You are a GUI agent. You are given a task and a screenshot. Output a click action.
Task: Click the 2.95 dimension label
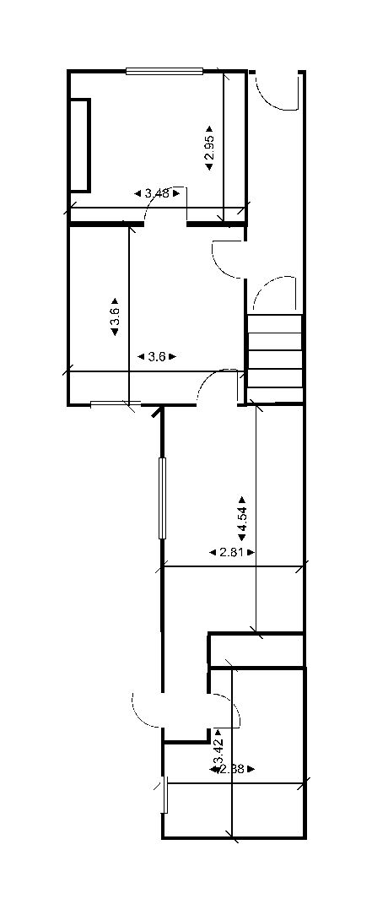click(x=210, y=149)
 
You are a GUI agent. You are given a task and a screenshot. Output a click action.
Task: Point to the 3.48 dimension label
click(x=157, y=193)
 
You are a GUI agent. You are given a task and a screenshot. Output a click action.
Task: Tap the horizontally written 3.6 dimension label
click(x=156, y=357)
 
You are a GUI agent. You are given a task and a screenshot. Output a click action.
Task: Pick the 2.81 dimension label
click(x=231, y=552)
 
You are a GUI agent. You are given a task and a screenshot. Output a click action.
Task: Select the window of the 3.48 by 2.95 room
click(x=164, y=71)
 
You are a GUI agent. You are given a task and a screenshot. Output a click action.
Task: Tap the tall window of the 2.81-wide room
click(x=163, y=497)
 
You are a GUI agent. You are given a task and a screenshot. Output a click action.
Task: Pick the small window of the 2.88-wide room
click(x=164, y=794)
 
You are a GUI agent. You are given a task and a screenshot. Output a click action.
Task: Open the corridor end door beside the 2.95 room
click(x=275, y=89)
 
